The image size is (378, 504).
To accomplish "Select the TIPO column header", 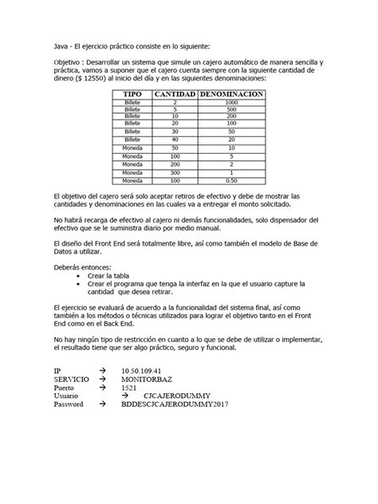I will [132, 94].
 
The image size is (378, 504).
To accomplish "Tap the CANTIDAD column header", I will [175, 94].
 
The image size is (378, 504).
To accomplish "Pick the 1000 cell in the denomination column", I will [231, 102].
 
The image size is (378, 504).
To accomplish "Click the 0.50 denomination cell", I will [231, 181].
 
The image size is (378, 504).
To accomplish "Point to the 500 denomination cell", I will [231, 109].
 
